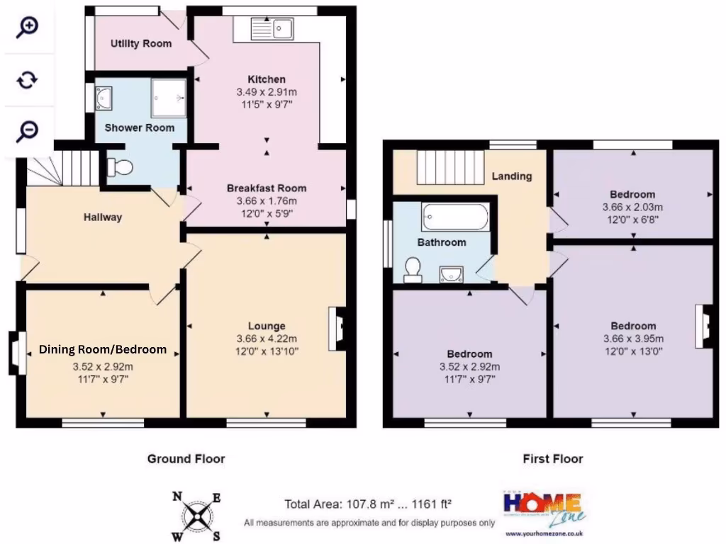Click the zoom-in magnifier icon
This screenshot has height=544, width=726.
click(27, 28)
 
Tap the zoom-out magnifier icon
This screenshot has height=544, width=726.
click(27, 130)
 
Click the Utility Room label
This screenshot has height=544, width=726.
click(140, 44)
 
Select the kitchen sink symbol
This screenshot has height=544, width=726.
click(272, 29)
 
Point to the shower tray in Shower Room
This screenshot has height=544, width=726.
click(168, 98)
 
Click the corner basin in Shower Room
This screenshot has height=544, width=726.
click(104, 98)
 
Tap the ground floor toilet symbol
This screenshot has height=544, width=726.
click(120, 168)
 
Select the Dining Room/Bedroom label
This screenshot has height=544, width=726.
click(103, 349)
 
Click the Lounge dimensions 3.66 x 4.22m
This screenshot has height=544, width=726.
click(267, 338)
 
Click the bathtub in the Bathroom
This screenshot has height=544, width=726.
click(454, 217)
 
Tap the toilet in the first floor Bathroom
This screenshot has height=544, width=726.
click(413, 268)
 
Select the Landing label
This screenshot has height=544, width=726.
click(511, 176)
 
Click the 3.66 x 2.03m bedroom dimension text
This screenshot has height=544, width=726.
click(632, 208)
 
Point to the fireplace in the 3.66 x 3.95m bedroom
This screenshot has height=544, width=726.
click(703, 325)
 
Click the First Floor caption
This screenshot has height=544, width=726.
click(552, 459)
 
